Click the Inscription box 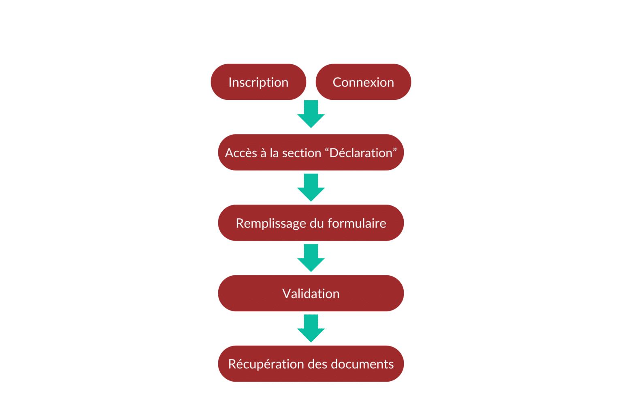pyautogui.click(x=258, y=82)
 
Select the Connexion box pyautogui.click(x=363, y=82)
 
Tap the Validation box pyautogui.click(x=311, y=293)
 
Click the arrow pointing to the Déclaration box pyautogui.click(x=311, y=114)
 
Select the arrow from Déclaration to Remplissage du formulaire pyautogui.click(x=311, y=188)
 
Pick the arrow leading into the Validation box pyautogui.click(x=311, y=258)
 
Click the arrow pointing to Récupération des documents pyautogui.click(x=311, y=328)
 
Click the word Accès pyautogui.click(x=241, y=153)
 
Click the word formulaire pyautogui.click(x=357, y=223)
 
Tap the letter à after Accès pyautogui.click(x=264, y=153)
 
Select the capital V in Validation pyautogui.click(x=287, y=294)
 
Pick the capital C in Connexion pyautogui.click(x=338, y=82)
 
